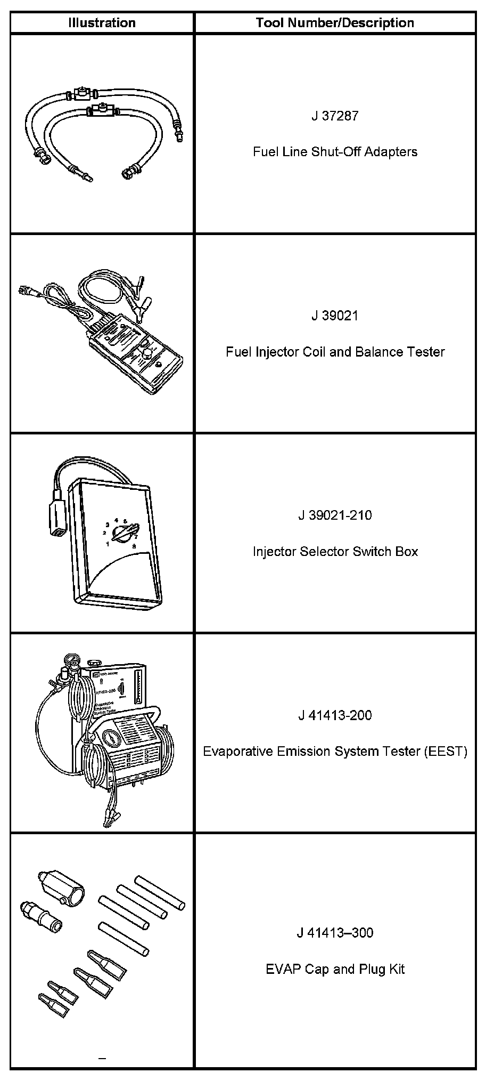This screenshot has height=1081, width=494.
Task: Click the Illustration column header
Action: pos(102,23)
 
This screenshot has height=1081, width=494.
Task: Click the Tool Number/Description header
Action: pos(334,23)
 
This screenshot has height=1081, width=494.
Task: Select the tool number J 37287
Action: pos(335,116)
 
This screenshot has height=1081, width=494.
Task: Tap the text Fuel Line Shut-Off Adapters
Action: pos(335,152)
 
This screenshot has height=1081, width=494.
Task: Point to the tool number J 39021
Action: pos(335,316)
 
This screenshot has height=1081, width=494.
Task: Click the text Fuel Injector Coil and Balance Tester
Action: pos(335,352)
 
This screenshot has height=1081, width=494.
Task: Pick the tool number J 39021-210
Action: pos(335,515)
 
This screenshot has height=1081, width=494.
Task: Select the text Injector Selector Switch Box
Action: pos(335,551)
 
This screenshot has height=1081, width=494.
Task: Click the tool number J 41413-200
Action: pos(335,715)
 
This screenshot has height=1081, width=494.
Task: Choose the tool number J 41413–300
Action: pos(335,933)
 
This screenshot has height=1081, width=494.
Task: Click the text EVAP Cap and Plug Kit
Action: pos(335,969)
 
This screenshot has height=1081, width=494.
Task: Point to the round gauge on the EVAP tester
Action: pos(110,741)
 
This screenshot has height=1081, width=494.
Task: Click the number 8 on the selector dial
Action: pos(134,546)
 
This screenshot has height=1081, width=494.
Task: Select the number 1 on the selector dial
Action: pos(108,544)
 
